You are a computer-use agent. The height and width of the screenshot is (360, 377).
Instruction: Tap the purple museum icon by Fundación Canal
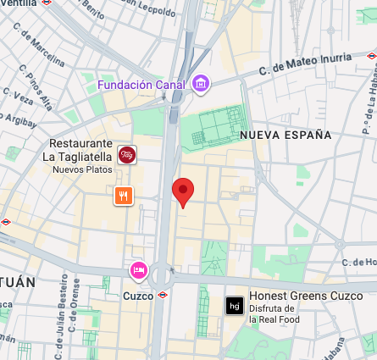click(x=201, y=84)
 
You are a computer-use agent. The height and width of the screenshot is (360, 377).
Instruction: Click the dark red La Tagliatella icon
click(x=127, y=154)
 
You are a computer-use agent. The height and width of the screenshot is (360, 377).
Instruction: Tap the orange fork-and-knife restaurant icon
click(x=124, y=197)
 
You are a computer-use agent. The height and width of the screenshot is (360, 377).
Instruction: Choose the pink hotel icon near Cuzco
click(x=139, y=270)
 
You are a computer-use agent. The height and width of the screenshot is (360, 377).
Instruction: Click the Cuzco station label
click(x=139, y=296)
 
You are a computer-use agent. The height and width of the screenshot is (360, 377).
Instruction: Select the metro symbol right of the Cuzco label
click(x=164, y=295)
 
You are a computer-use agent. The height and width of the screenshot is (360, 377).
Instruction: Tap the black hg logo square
click(x=234, y=306)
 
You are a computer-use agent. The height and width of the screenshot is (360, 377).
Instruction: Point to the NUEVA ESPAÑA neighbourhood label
click(x=286, y=135)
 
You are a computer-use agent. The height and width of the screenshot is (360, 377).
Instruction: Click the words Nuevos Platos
click(x=81, y=169)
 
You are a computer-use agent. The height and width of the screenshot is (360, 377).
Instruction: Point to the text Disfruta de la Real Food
click(x=271, y=314)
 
